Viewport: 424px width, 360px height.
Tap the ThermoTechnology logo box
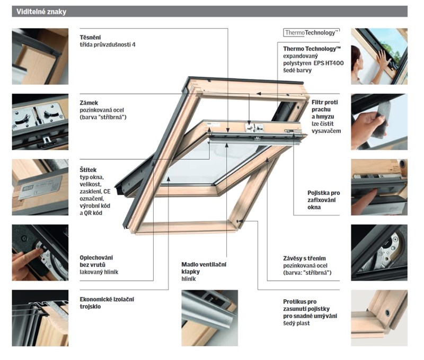311,33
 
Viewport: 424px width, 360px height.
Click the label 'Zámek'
89,103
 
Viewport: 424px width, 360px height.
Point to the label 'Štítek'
89,170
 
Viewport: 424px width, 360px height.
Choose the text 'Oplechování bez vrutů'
96,261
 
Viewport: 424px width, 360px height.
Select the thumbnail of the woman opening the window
379,56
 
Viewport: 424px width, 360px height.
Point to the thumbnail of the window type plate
40,187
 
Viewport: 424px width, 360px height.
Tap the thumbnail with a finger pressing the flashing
40,253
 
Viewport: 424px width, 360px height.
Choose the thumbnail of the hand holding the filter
379,122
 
